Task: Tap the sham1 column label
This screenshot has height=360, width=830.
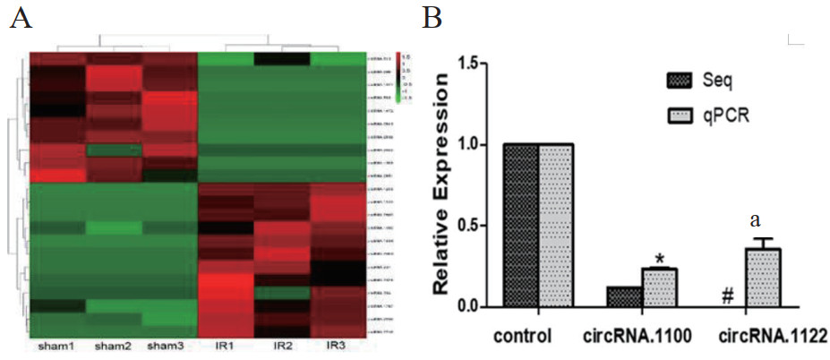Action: pyautogui.click(x=55, y=346)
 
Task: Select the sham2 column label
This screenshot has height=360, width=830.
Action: pyautogui.click(x=112, y=346)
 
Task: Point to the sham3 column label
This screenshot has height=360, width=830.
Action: pyautogui.click(x=167, y=346)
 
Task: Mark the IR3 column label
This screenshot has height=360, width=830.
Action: pyautogui.click(x=336, y=346)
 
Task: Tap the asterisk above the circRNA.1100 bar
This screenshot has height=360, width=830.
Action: pyautogui.click(x=659, y=260)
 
